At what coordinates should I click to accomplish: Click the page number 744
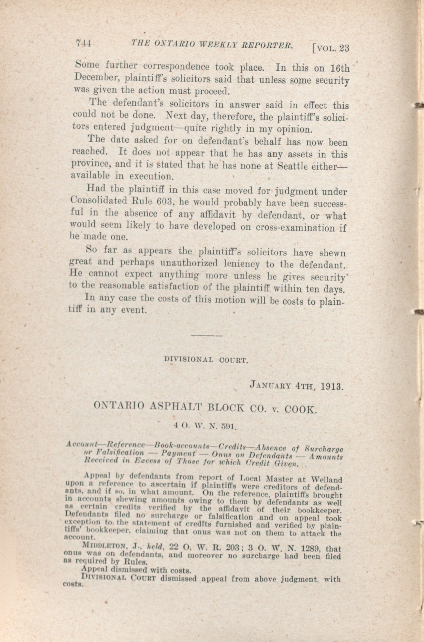pos(84,43)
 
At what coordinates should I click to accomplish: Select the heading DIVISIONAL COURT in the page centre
pos(206,360)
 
